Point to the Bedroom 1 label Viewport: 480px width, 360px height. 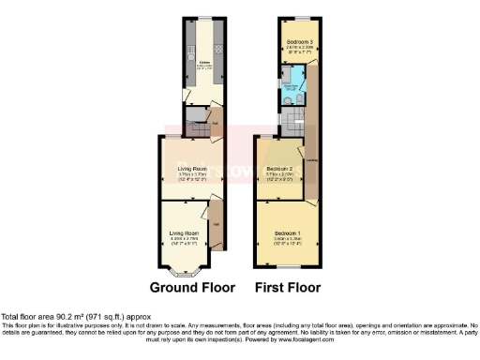click(286, 232)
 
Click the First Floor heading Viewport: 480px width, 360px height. click(287, 287)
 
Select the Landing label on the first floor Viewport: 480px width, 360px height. click(311, 159)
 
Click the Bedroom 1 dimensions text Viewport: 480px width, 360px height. click(286, 240)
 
